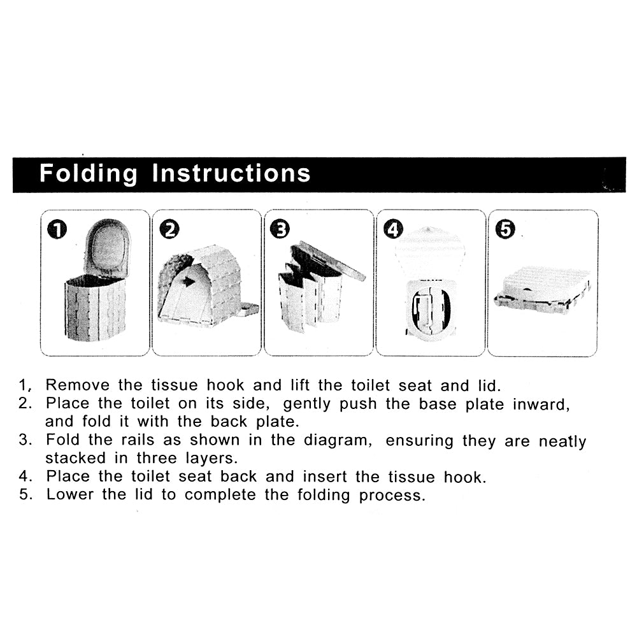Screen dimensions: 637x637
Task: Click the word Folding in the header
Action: tap(89, 174)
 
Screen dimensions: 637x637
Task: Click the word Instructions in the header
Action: tap(231, 173)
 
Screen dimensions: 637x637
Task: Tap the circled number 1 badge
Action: tap(57, 229)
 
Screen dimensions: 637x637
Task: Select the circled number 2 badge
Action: tap(169, 229)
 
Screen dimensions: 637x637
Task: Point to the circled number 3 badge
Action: tap(280, 229)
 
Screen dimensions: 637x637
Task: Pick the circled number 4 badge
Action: tap(393, 229)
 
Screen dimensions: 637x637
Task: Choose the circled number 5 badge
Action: tap(505, 229)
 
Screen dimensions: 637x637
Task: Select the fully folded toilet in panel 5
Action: tap(543, 290)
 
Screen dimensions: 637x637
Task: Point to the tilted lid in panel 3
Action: tap(328, 261)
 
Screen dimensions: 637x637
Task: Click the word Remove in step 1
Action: tap(78, 385)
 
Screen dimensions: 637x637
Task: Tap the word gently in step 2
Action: tap(307, 404)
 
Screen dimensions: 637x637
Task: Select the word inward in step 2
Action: tap(541, 404)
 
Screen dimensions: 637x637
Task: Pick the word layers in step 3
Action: tap(211, 459)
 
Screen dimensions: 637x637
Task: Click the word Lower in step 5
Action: tap(70, 494)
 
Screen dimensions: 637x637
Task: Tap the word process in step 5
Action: tap(392, 496)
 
